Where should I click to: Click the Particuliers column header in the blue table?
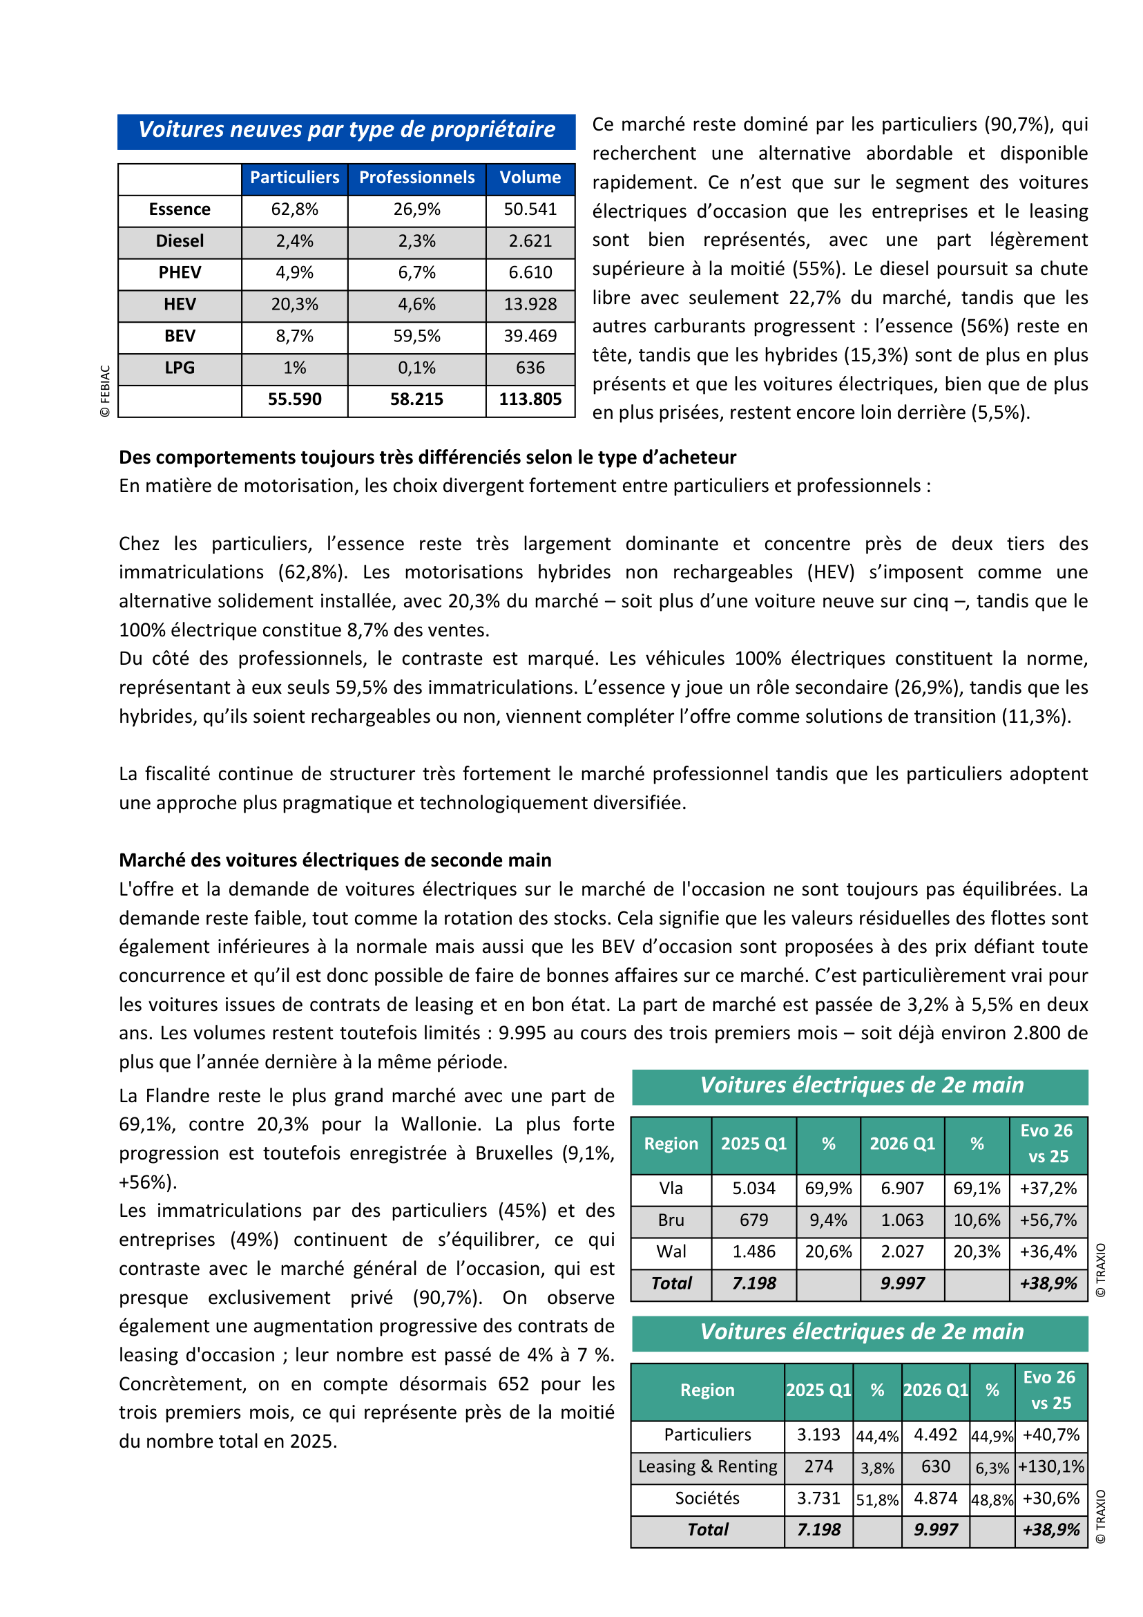point(294,178)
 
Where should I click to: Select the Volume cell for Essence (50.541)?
point(530,209)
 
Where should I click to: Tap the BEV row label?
point(180,336)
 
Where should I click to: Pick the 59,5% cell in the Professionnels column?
point(416,336)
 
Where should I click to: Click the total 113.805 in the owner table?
point(530,399)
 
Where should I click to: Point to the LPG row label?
point(180,368)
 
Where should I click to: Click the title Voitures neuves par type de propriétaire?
point(346,131)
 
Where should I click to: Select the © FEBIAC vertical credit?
point(106,391)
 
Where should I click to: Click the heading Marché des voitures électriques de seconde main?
point(335,860)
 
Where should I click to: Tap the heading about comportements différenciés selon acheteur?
point(428,457)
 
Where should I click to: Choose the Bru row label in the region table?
point(671,1220)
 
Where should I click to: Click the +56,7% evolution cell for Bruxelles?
point(1048,1220)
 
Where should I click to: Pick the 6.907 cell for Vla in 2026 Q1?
point(902,1188)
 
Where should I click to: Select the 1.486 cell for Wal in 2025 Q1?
point(753,1251)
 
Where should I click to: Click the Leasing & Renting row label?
point(707,1466)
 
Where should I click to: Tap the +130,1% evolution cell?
point(1050,1466)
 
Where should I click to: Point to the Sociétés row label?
point(707,1498)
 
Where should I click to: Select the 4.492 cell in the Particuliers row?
point(935,1435)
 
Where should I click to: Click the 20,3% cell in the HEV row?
point(294,304)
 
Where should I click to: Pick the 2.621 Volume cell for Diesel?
point(530,241)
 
